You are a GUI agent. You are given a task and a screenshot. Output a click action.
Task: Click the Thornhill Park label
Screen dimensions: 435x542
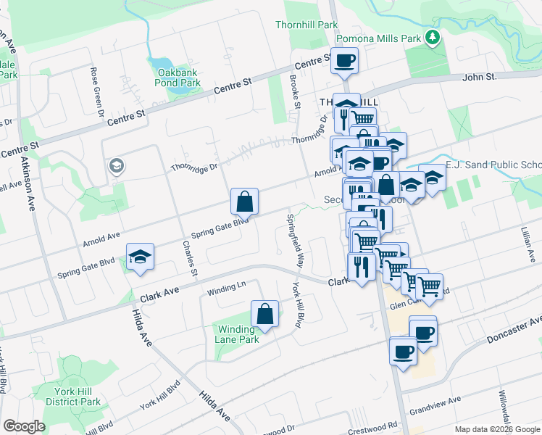(x=307, y=25)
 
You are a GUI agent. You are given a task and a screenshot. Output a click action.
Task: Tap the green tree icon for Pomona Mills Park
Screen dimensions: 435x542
(x=433, y=36)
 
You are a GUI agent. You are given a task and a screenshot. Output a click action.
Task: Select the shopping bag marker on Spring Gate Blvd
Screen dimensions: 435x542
(x=245, y=201)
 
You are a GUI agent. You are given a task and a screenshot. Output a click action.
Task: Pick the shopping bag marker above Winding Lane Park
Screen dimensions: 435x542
(x=265, y=313)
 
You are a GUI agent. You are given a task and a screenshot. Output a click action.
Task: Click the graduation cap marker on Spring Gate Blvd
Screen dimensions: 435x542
(x=141, y=256)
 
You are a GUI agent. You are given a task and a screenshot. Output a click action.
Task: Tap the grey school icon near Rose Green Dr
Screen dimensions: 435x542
(x=116, y=167)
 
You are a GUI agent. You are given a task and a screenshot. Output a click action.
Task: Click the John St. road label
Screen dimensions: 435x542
(x=479, y=76)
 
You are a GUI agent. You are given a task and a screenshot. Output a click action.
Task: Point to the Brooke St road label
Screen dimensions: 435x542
(x=295, y=91)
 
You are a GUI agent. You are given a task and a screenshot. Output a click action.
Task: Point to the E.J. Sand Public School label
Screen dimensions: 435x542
(x=493, y=165)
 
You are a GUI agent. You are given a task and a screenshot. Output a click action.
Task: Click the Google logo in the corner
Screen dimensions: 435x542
(x=24, y=426)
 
